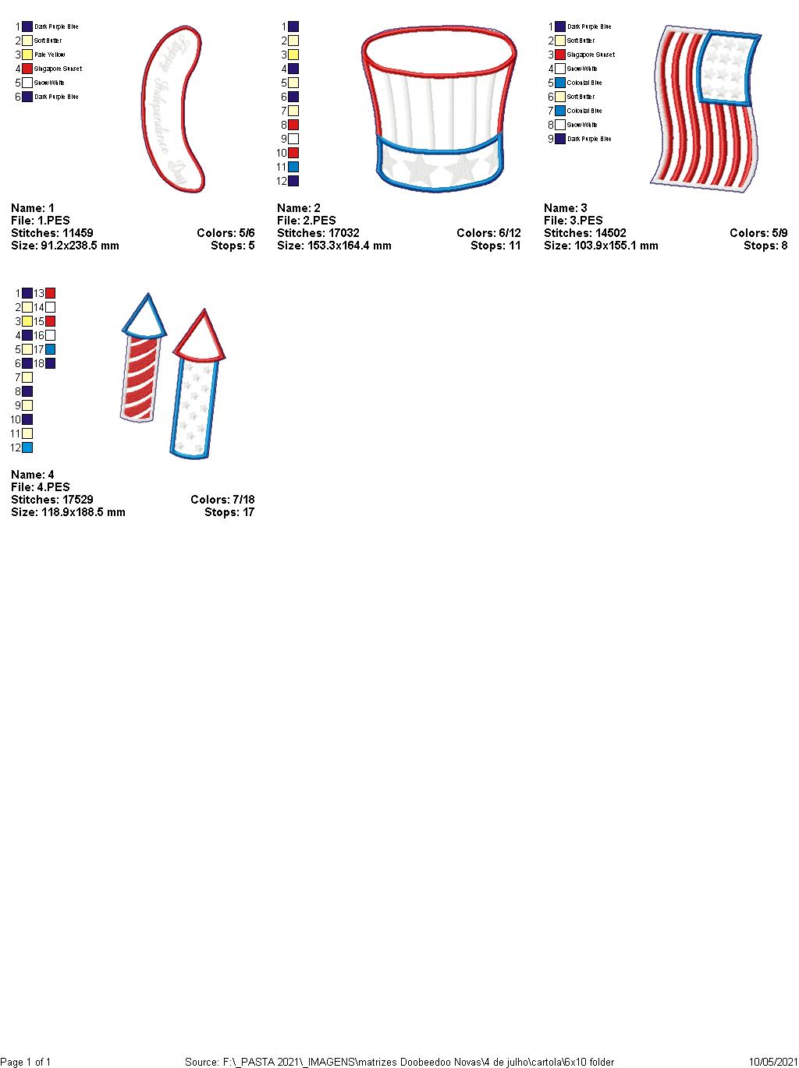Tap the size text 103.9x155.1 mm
point(601,246)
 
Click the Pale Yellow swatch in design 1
point(27,55)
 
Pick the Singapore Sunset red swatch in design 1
point(27,69)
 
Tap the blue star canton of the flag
point(728,69)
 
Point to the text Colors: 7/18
point(222,500)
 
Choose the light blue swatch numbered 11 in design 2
point(293,167)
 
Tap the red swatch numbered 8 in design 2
point(293,125)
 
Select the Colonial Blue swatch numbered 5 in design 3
point(560,83)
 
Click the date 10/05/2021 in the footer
point(772,1062)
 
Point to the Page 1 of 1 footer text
point(26,1062)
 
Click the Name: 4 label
point(33,475)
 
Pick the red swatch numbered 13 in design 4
point(51,293)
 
